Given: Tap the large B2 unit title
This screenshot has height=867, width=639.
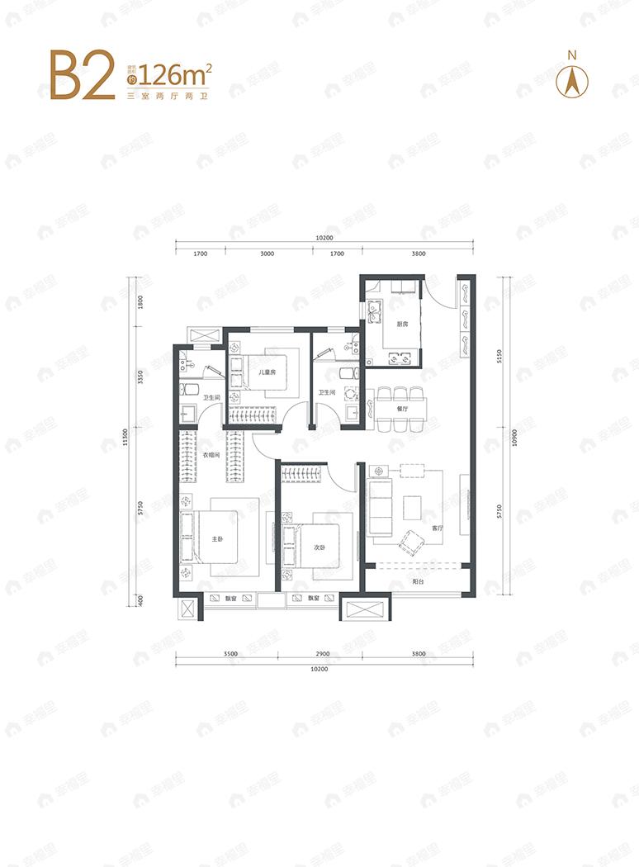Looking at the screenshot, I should [82, 76].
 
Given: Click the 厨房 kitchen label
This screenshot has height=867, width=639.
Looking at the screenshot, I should [402, 325].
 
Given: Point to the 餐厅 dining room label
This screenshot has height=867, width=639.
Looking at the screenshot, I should [403, 408].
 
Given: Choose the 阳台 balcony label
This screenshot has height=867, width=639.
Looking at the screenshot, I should [419, 580].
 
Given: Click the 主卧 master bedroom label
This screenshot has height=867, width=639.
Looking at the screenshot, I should [217, 539].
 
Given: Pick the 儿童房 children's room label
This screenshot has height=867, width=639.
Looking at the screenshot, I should [266, 373].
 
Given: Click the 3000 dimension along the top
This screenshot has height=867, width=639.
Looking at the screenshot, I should [266, 254].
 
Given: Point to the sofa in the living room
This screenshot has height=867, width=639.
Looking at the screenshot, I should [381, 505].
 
